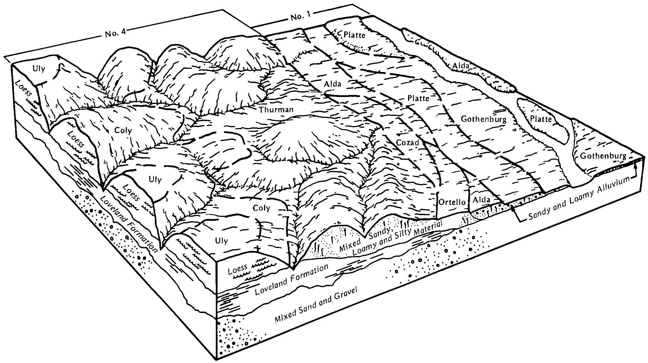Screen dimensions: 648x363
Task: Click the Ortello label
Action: [452, 202]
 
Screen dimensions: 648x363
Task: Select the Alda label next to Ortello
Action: [482, 200]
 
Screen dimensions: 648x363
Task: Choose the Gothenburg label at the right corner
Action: [603, 156]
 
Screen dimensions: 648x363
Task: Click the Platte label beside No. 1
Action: [354, 35]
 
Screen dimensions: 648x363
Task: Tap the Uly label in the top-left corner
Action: [38, 69]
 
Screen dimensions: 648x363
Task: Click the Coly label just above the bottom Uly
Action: [261, 208]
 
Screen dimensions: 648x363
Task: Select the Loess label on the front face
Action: [238, 270]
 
